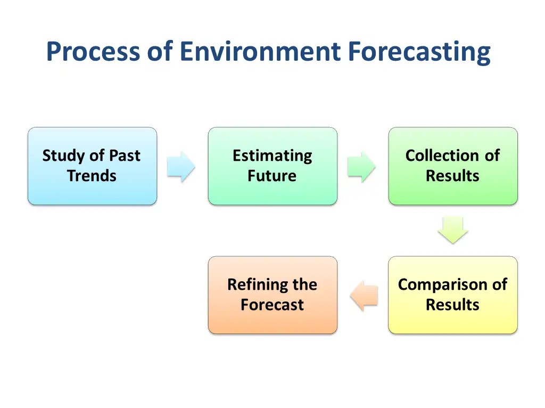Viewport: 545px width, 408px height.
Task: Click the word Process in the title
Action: click(x=93, y=51)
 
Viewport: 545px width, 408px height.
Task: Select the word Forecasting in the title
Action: click(x=419, y=53)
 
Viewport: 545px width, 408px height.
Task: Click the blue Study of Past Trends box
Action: click(x=92, y=166)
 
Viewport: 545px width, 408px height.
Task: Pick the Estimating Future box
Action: click(x=272, y=166)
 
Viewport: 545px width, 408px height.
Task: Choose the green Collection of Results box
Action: click(x=453, y=166)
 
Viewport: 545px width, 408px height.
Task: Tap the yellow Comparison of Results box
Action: click(x=453, y=295)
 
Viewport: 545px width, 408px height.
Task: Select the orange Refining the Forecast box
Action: click(x=272, y=295)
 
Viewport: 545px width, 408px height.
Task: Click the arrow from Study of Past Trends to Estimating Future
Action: click(x=181, y=167)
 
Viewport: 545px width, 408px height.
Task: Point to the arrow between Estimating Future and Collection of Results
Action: click(x=361, y=167)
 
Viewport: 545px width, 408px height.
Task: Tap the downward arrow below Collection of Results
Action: click(x=453, y=230)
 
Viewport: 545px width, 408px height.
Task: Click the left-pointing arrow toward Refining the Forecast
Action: click(x=364, y=296)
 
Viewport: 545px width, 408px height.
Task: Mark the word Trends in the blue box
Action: click(x=92, y=176)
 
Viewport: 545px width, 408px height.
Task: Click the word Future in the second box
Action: click(x=272, y=176)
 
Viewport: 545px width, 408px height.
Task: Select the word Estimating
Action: click(x=272, y=156)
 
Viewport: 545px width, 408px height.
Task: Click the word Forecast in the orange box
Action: click(x=272, y=305)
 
